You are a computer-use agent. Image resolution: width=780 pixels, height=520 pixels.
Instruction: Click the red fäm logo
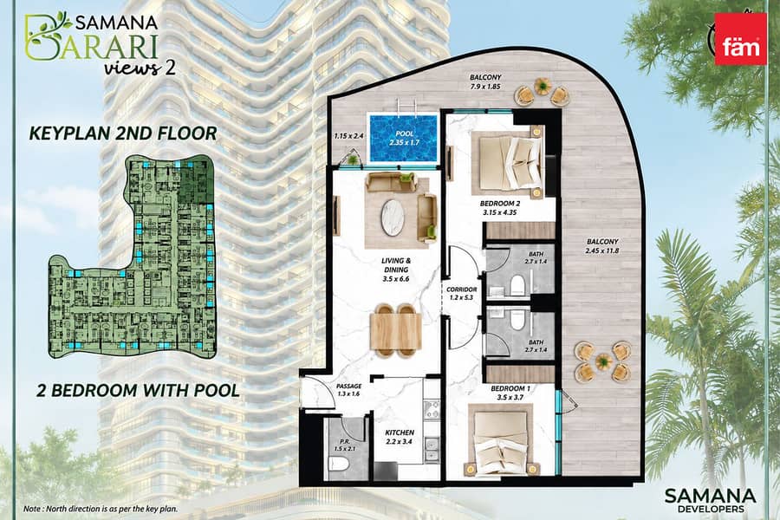(740, 39)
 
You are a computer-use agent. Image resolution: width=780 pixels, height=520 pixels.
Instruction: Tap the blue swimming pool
(402, 138)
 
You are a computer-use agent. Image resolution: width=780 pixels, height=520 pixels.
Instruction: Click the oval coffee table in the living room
(393, 217)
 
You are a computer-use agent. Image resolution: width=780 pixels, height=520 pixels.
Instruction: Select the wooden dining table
(396, 330)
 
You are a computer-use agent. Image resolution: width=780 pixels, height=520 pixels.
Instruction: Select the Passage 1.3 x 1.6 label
(348, 390)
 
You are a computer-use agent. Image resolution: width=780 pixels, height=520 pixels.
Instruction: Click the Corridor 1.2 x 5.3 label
(462, 294)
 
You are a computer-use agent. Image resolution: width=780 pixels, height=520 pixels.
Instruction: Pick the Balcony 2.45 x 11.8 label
(602, 246)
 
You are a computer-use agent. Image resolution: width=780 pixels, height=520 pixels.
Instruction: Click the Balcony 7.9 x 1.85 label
(485, 81)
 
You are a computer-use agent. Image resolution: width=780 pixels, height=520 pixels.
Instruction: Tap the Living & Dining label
(396, 270)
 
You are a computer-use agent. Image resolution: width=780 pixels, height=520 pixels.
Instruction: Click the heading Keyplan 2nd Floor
(123, 133)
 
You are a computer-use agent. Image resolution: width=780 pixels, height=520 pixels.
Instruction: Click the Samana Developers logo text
(710, 500)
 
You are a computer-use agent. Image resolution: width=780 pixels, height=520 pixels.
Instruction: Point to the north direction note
(100, 509)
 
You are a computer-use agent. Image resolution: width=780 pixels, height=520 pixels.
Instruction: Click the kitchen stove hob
(432, 411)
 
